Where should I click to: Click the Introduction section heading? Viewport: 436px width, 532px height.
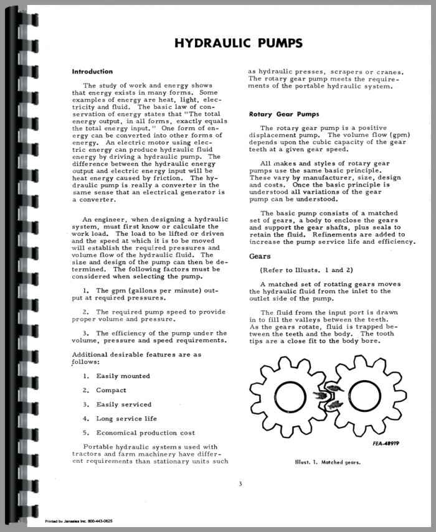92,72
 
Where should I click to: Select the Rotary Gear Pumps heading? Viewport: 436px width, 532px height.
275,114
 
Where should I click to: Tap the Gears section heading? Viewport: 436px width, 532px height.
260,256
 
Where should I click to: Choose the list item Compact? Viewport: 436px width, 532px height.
110,390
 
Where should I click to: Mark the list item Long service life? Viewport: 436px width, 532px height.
126,419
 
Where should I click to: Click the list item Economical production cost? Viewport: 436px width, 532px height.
145,433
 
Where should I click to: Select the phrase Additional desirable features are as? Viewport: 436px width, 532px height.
136,355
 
